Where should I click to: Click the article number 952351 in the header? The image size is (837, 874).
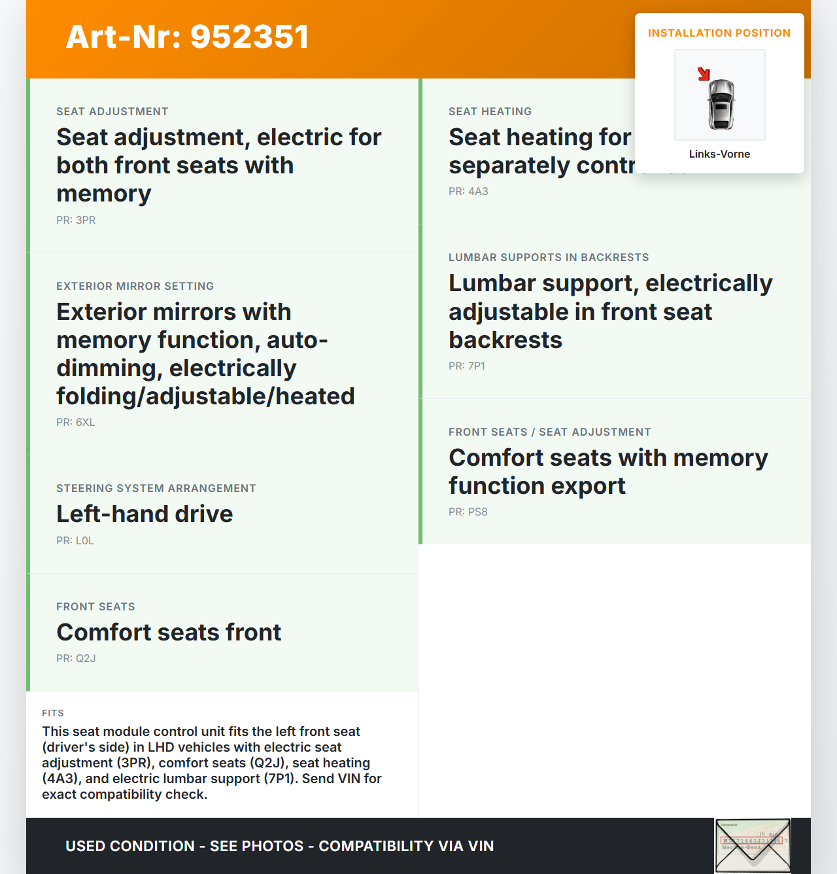coord(249,37)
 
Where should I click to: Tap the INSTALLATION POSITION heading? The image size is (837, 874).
coord(719,33)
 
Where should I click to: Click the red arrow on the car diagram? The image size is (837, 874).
coord(704,74)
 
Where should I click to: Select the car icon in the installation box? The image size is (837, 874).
coord(721,104)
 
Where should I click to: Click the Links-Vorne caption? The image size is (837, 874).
coord(719,154)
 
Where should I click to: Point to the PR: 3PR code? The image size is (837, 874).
coord(76,220)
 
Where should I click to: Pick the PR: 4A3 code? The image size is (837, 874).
coord(468,192)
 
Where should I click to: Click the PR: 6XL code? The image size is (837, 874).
coord(76,423)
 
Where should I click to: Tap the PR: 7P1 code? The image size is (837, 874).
coord(467,366)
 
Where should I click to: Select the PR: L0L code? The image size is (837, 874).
coord(75,541)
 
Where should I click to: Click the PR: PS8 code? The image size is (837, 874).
coord(468,512)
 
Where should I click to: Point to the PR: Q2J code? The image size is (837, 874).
coord(76,659)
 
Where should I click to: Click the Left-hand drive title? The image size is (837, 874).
coord(145,514)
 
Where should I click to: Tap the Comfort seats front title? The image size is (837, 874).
coord(169,633)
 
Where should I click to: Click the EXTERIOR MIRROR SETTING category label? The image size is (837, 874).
coord(135,287)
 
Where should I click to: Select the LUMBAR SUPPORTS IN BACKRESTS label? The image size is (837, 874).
coord(549,258)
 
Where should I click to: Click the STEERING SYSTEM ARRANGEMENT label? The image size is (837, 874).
coord(156,489)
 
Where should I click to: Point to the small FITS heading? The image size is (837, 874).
coord(53,713)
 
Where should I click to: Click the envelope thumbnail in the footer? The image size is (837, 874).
coord(753,845)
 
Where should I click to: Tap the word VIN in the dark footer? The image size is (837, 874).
coord(481,846)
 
